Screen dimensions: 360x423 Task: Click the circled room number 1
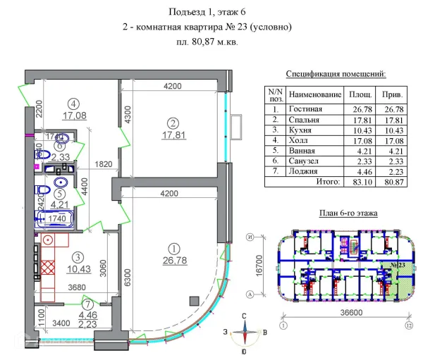[x=173, y=247]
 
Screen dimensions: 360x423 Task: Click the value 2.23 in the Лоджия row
[x=392, y=170]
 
